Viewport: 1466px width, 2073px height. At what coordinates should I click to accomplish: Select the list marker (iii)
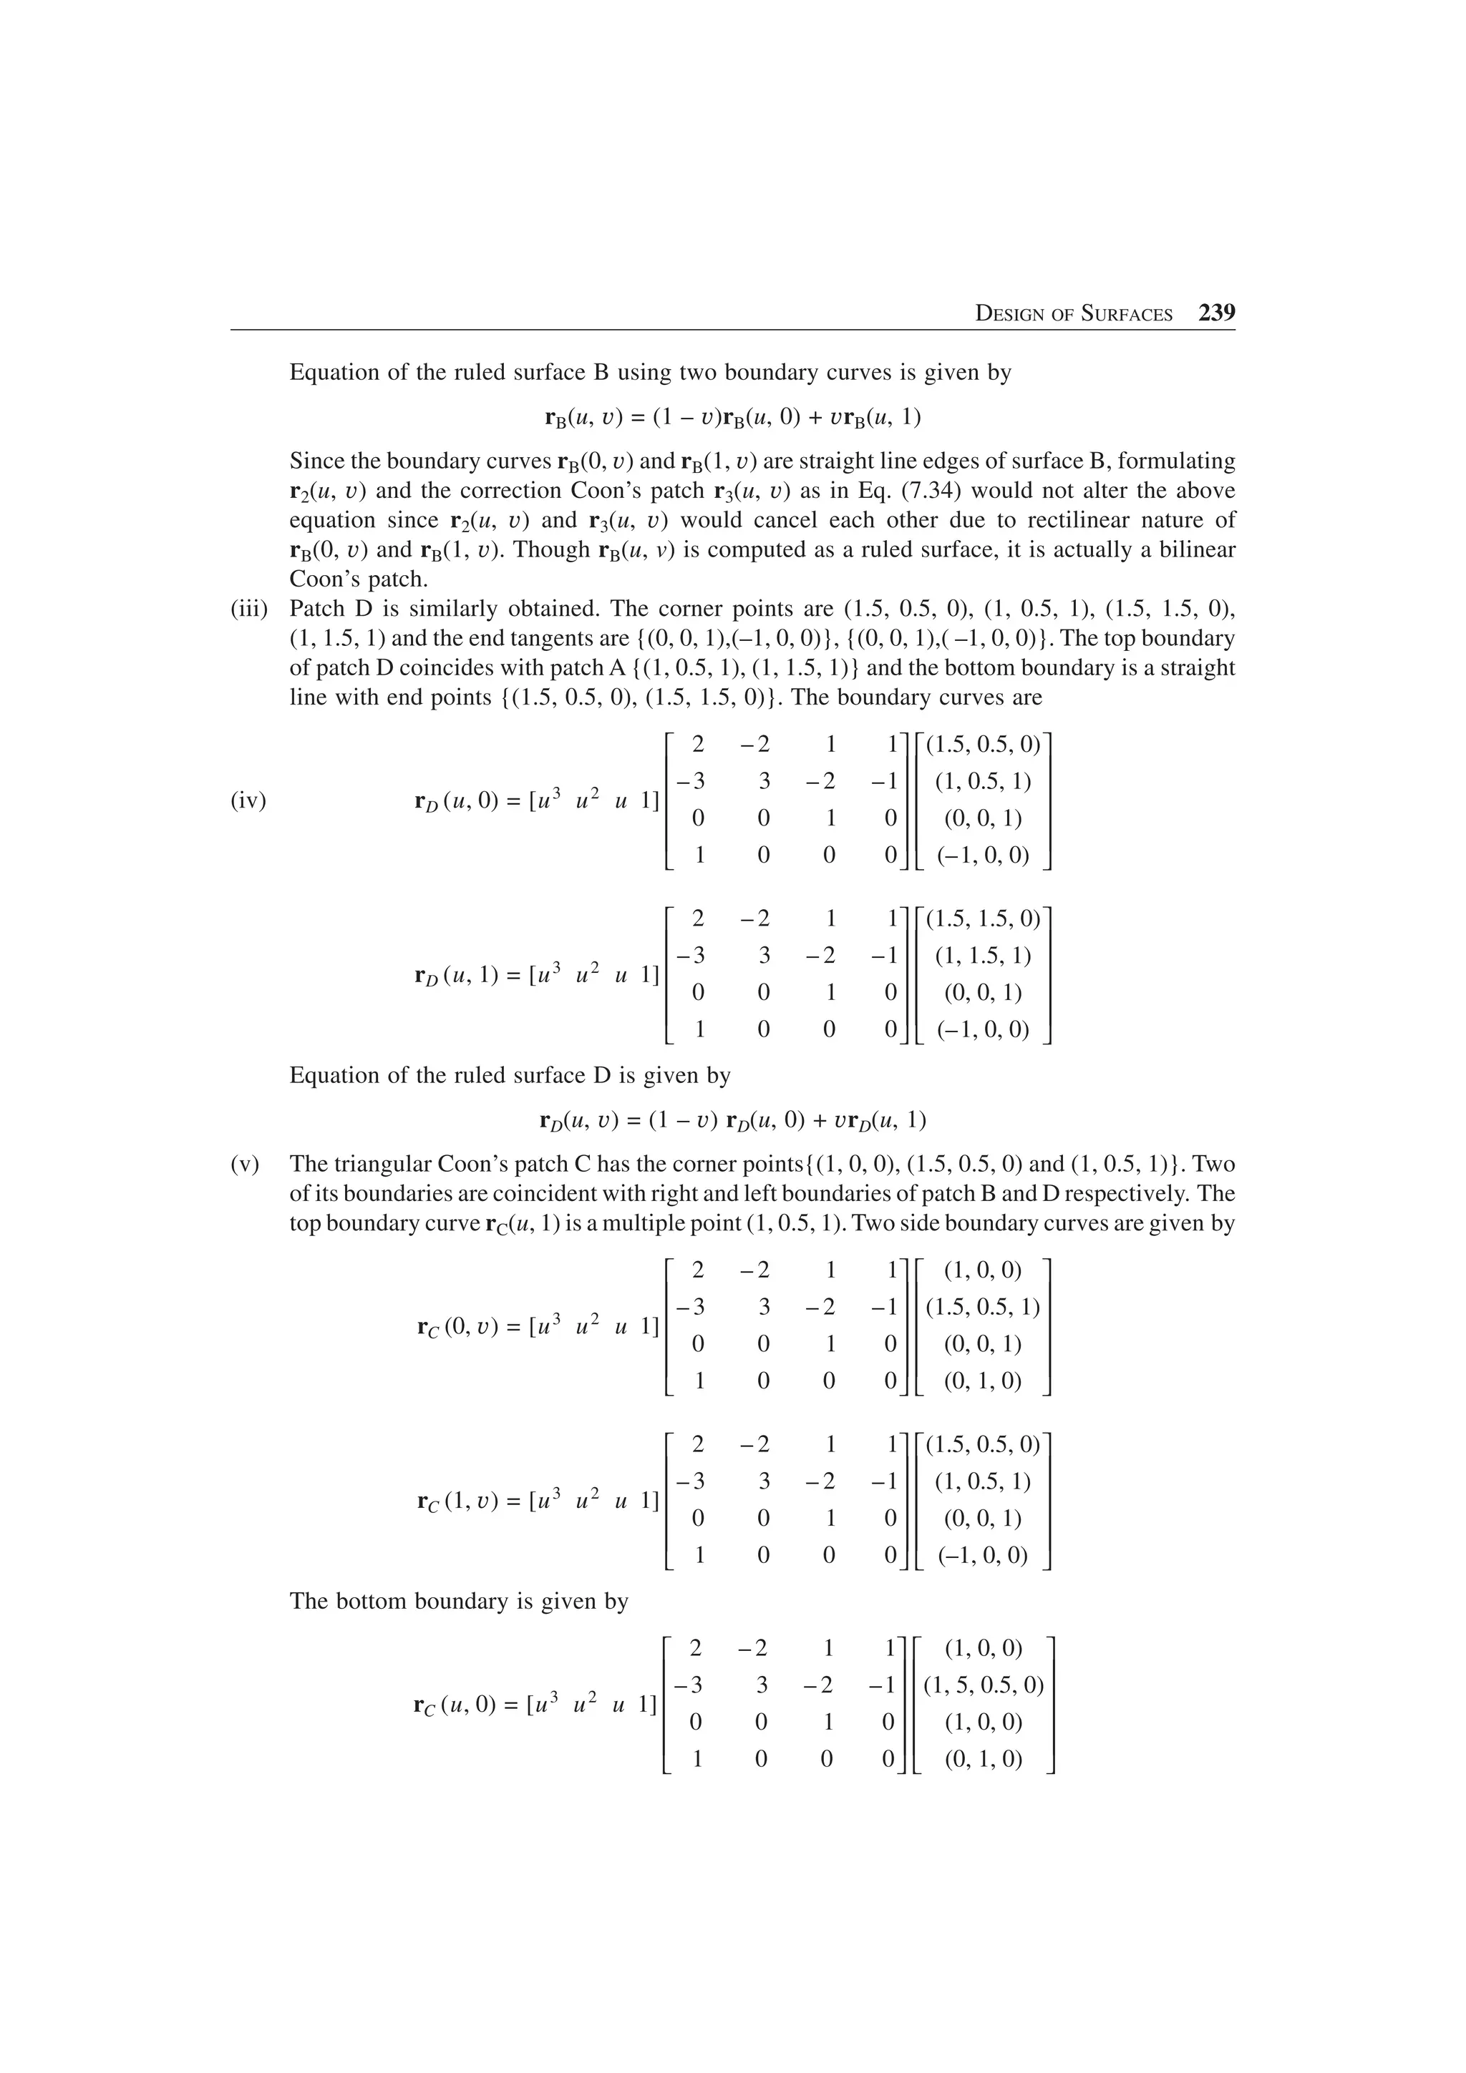[x=248, y=609]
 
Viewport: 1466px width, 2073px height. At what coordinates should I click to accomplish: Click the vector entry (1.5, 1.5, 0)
[x=983, y=919]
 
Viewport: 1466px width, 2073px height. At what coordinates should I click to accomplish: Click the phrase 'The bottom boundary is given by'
[x=458, y=1601]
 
